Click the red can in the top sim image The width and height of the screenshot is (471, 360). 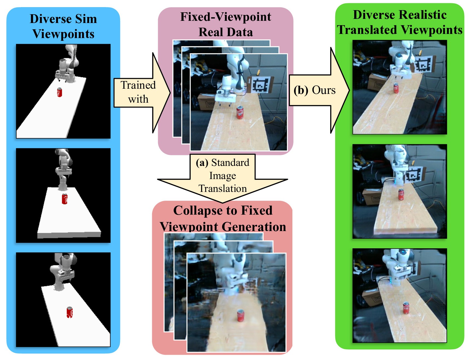pyautogui.click(x=59, y=92)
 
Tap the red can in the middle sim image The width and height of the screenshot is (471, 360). pyautogui.click(x=65, y=199)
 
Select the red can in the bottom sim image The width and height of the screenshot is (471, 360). pyautogui.click(x=70, y=312)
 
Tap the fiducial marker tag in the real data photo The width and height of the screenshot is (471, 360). pyautogui.click(x=260, y=85)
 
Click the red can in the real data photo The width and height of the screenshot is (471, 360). pyautogui.click(x=240, y=112)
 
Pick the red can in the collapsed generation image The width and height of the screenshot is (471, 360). pyautogui.click(x=240, y=315)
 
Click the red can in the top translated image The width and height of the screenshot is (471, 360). pyautogui.click(x=396, y=88)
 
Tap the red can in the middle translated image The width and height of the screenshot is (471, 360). pyautogui.click(x=401, y=194)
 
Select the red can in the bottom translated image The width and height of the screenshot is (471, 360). pyautogui.click(x=406, y=308)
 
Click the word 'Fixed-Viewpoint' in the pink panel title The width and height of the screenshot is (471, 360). pyautogui.click(x=226, y=17)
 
